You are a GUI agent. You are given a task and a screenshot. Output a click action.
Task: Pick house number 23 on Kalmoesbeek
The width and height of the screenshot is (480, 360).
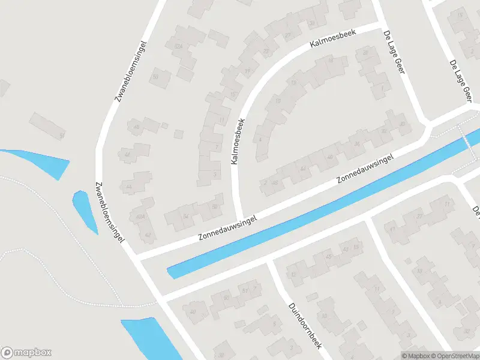click(266, 51)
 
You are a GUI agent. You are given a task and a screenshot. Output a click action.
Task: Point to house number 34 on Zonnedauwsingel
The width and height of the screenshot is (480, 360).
click(356, 144)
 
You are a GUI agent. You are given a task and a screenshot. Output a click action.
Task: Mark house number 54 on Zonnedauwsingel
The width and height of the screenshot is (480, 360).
click(186, 216)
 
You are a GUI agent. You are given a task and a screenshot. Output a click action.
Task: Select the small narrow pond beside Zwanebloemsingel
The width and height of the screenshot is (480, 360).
click(84, 210)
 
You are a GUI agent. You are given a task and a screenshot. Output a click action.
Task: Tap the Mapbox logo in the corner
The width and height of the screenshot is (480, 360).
click(26, 353)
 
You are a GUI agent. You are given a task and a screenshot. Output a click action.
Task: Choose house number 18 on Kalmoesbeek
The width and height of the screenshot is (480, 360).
click(330, 60)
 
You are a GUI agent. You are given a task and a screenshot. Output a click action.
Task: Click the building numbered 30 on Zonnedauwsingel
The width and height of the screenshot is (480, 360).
click(401, 124)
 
